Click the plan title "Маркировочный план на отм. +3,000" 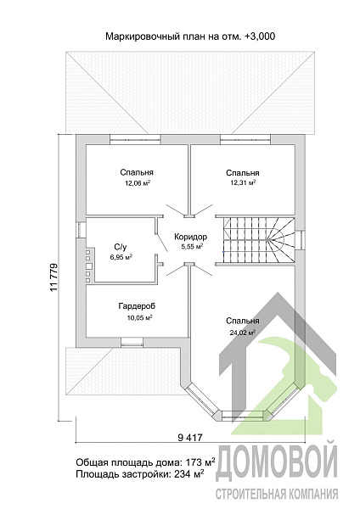pyautogui.click(x=190, y=36)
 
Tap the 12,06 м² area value pyautogui.click(x=138, y=183)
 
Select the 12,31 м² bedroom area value pyautogui.click(x=243, y=182)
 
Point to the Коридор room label pyautogui.click(x=190, y=237)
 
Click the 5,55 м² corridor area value pyautogui.click(x=192, y=246)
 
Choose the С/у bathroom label pyautogui.click(x=121, y=248)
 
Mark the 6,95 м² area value pyautogui.click(x=121, y=257)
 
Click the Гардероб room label pyautogui.click(x=137, y=306)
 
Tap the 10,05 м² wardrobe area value pyautogui.click(x=140, y=317)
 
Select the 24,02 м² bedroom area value pyautogui.click(x=242, y=333)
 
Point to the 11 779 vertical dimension pyautogui.click(x=54, y=277)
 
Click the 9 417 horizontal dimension pyautogui.click(x=190, y=438)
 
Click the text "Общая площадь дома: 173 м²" pyautogui.click(x=145, y=461)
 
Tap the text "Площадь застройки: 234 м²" pyautogui.click(x=140, y=474)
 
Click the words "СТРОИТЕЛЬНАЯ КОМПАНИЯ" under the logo pyautogui.click(x=277, y=494)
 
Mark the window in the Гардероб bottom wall pyautogui.click(x=132, y=342)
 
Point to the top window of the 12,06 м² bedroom pyautogui.click(x=135, y=140)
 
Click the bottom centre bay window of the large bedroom pyautogui.click(x=244, y=415)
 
